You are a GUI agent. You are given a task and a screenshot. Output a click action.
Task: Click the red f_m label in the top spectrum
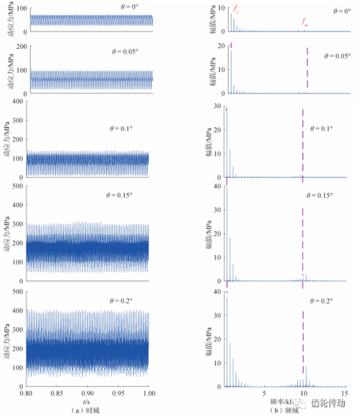point(304,22)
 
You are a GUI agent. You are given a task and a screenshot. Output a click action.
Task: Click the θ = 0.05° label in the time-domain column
point(125,52)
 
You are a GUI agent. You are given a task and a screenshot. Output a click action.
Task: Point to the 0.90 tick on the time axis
point(88,394)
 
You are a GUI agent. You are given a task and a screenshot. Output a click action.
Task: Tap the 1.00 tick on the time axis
point(149,394)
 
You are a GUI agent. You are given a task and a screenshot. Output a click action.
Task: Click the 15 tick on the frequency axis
point(344,394)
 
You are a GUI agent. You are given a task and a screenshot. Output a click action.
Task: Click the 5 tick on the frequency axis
point(264,394)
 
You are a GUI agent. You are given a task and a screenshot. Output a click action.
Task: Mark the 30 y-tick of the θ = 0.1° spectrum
point(218,106)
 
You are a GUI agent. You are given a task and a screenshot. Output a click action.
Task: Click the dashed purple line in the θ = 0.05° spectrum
point(307,69)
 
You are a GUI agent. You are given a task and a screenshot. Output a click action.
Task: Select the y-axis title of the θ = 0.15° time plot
point(7,233)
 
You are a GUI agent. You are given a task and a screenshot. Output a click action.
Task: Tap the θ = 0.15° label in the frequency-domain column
point(320,195)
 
